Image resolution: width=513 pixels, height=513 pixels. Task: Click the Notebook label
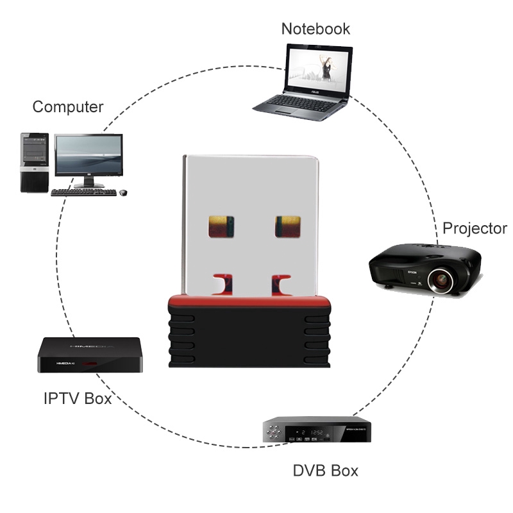(x=315, y=29)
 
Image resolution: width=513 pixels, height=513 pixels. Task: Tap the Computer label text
(x=68, y=106)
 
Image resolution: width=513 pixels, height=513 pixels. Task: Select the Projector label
(x=475, y=228)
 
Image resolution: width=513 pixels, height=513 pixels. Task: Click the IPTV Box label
(x=78, y=398)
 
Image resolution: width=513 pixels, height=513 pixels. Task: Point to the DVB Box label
(x=325, y=471)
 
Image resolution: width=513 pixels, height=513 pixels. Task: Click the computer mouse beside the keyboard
(x=122, y=192)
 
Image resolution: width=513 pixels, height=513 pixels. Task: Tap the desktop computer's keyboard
(x=84, y=192)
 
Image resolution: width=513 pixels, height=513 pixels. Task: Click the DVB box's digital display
(x=312, y=433)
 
